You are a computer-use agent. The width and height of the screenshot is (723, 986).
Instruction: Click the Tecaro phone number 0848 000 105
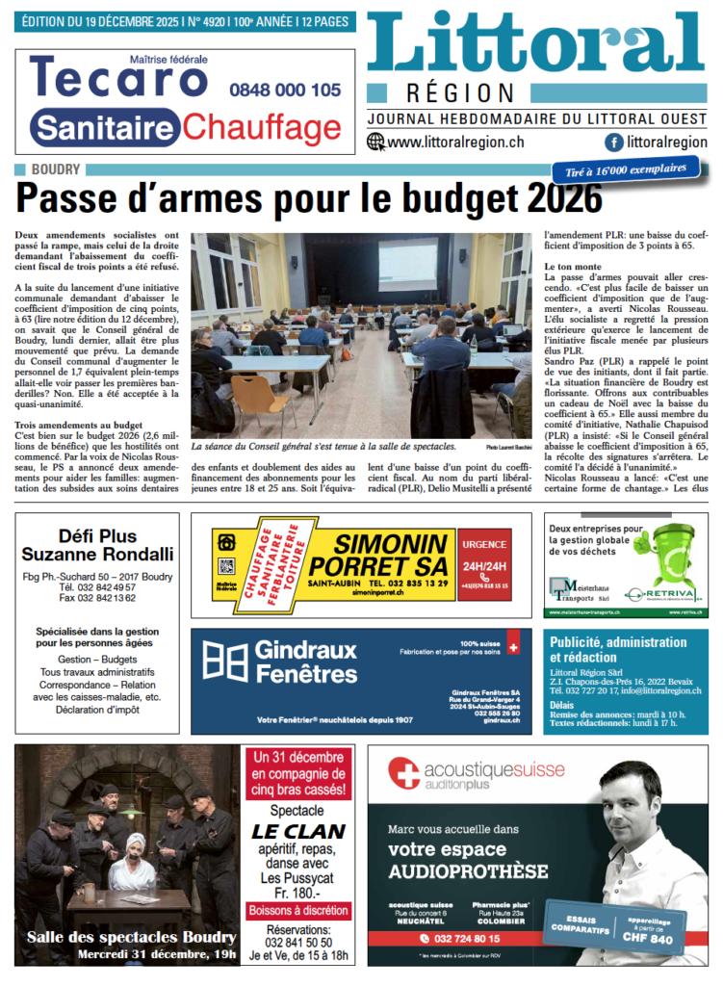[x=285, y=90]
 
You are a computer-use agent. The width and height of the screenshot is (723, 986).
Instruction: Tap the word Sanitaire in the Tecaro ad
[x=105, y=127]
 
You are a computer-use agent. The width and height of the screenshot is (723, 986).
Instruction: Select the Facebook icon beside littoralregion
[x=612, y=142]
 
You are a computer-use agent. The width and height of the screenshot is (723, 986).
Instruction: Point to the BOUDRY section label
[x=56, y=169]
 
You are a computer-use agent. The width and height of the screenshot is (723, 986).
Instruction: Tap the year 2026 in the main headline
[x=557, y=199]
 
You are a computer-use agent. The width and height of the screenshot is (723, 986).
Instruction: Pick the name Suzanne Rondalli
[x=97, y=554]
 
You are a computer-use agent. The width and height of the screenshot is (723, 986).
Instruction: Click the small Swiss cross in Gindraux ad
[x=512, y=648]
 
